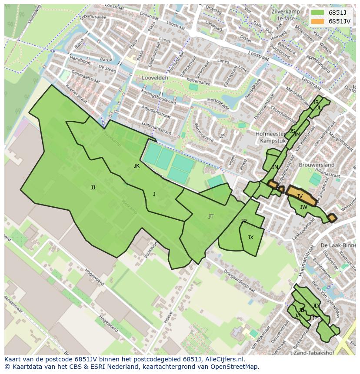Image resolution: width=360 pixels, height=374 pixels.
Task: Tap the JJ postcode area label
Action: (x=93, y=188)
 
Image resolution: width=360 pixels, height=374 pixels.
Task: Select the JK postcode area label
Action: (x=137, y=166)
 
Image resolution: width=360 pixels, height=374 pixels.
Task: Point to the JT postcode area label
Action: (x=211, y=216)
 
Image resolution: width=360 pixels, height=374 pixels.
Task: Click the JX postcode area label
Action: (x=250, y=238)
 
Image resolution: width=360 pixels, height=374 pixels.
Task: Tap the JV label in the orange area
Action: (x=300, y=196)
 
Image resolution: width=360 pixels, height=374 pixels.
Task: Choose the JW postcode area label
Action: (x=303, y=207)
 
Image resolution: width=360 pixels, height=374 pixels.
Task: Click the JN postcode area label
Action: (x=275, y=167)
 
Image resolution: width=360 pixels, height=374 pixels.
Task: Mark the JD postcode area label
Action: (x=315, y=306)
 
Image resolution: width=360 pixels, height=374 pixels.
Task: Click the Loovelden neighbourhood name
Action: (x=155, y=78)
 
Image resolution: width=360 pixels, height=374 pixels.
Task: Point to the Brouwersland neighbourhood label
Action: (x=317, y=165)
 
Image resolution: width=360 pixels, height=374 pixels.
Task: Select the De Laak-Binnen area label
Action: (x=337, y=246)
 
